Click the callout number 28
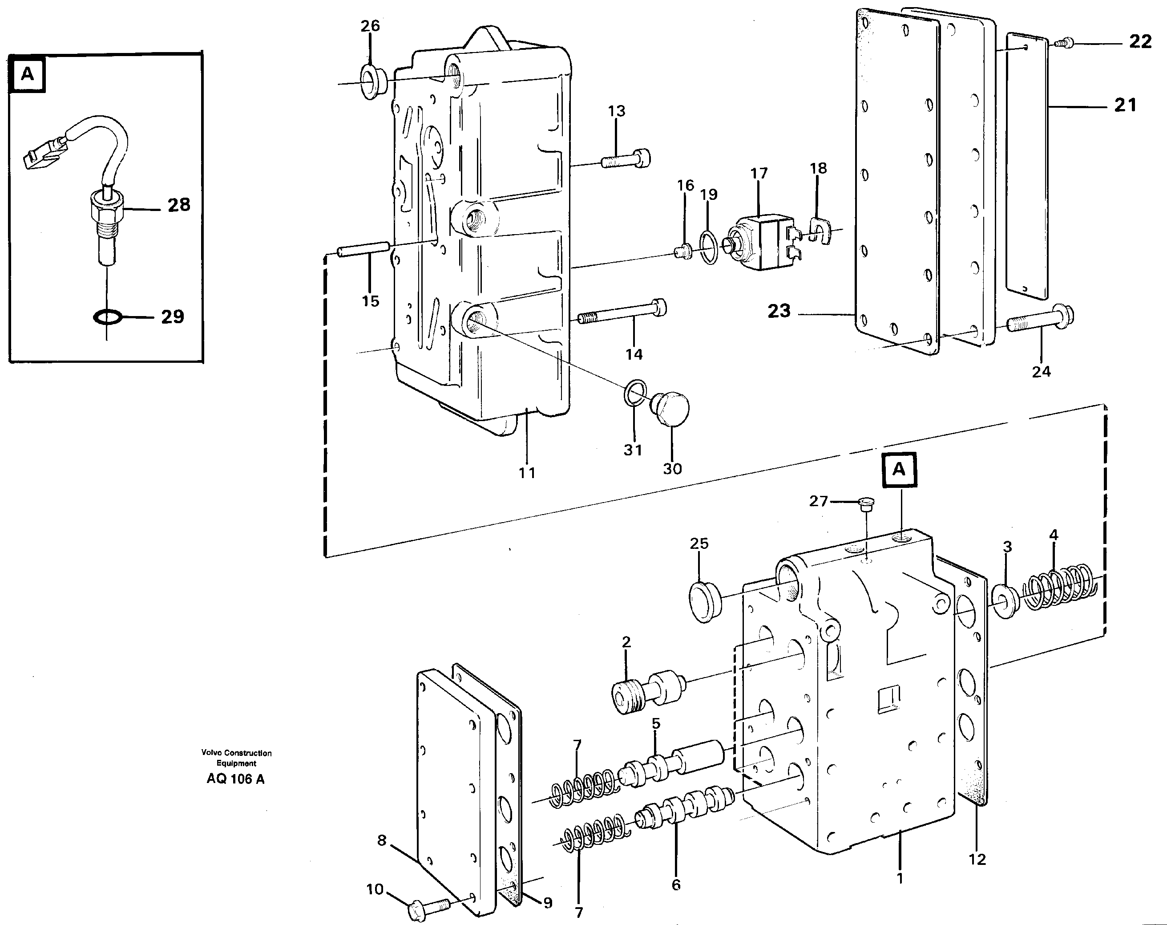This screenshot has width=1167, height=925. coord(178,205)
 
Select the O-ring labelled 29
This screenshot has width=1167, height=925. coord(107,316)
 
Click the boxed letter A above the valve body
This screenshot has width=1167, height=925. coord(899,469)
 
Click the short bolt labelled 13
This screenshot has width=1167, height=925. coord(626,159)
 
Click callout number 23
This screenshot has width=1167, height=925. coord(779,312)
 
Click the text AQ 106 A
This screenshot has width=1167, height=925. coord(235,779)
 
